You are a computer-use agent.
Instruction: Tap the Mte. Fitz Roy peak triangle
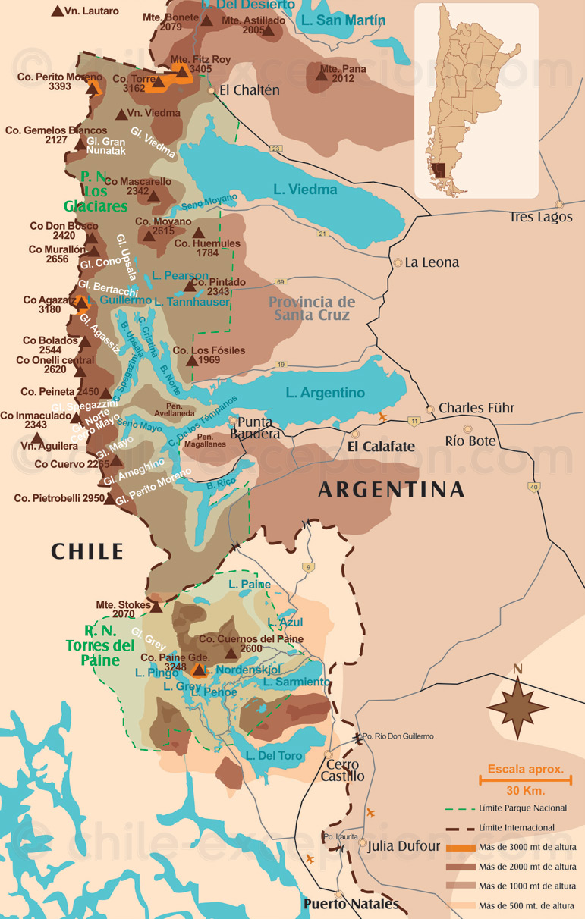[181, 71]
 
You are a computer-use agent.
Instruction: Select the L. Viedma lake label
[306, 190]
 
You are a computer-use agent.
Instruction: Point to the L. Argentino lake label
[325, 393]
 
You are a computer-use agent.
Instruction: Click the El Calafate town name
[381, 447]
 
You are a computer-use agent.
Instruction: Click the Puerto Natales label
[351, 904]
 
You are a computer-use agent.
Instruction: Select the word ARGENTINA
[391, 490]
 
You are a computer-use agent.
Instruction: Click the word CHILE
[87, 551]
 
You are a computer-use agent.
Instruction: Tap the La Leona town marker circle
[398, 262]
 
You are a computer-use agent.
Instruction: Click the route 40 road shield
[535, 487]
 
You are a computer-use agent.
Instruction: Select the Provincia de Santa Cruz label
[311, 308]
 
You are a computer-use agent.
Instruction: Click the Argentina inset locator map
[476, 100]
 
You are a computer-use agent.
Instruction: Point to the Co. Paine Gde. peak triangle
[199, 670]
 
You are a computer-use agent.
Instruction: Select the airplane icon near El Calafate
[382, 417]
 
